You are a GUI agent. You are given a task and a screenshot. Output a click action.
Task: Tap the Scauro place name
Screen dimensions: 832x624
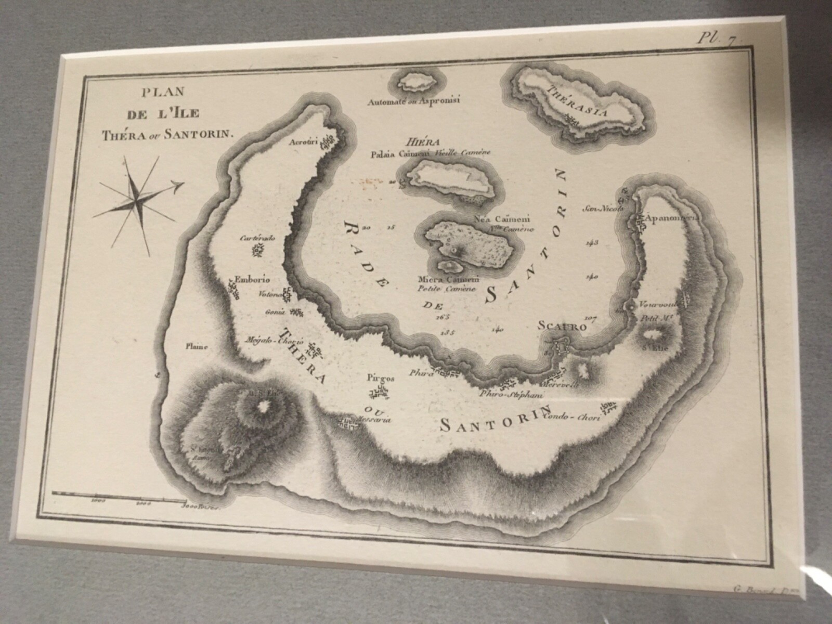point(568,327)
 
